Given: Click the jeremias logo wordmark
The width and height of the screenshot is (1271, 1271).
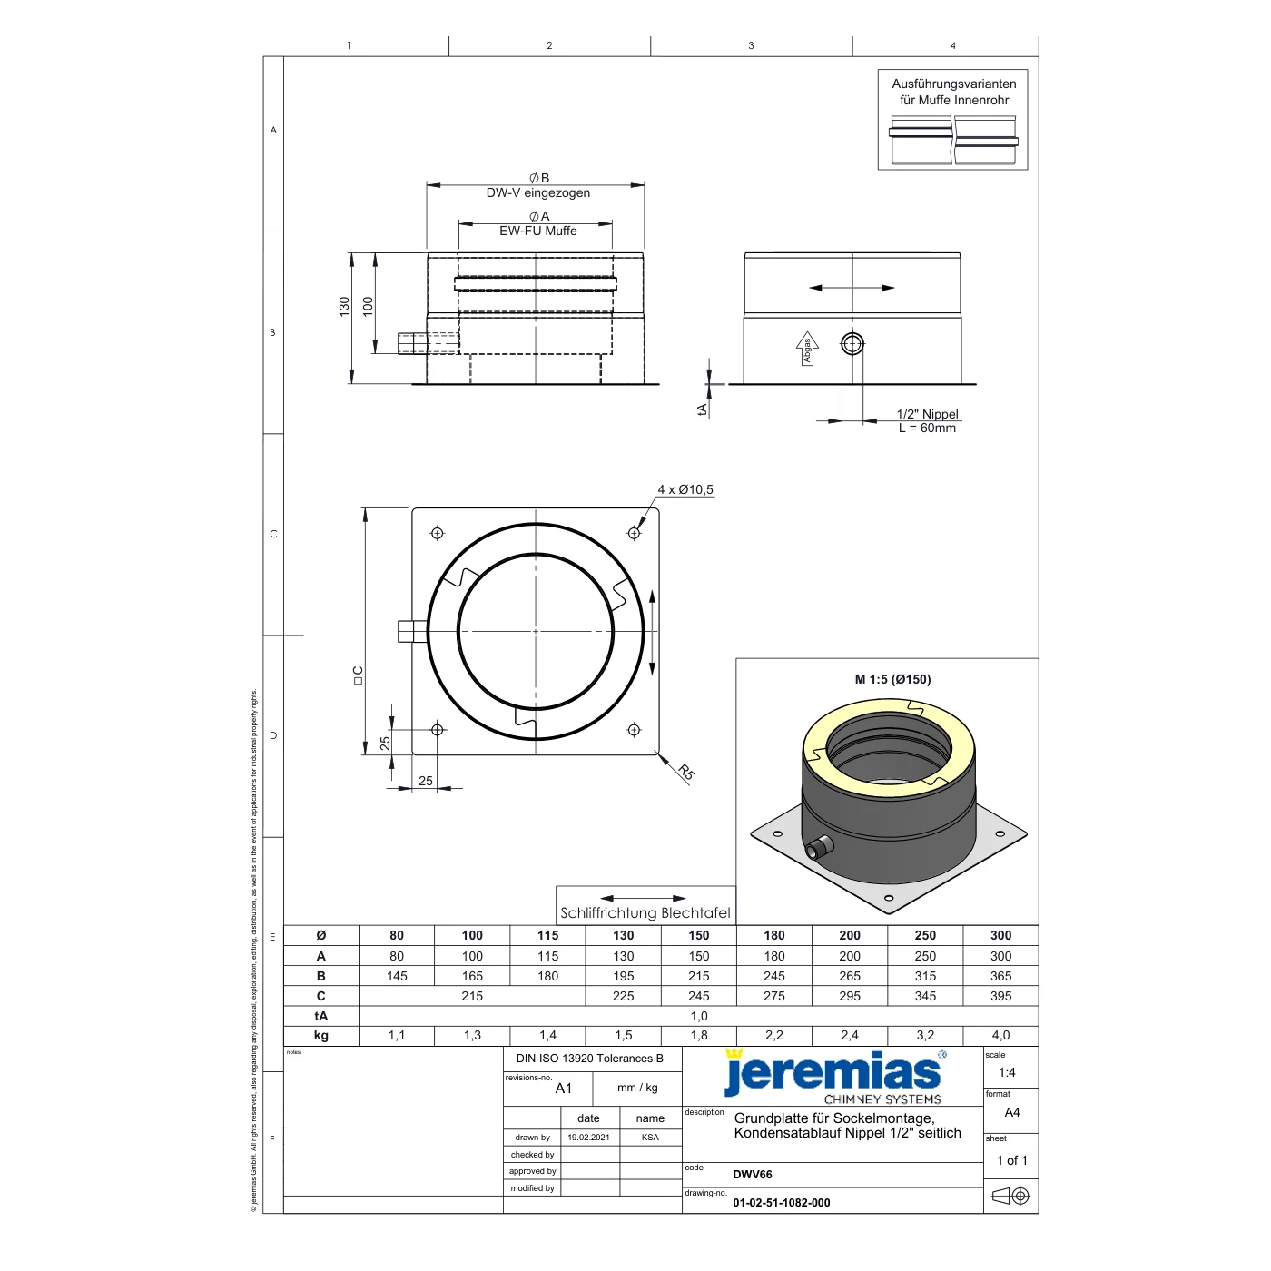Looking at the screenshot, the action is tap(833, 1074).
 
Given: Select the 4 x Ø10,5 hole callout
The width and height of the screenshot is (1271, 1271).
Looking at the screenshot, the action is tap(685, 489).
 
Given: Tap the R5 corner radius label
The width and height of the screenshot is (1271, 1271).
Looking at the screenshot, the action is tap(686, 772).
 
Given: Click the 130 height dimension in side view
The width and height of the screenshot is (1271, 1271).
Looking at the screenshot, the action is tap(344, 306).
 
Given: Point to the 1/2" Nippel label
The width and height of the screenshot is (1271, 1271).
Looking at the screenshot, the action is tap(927, 414).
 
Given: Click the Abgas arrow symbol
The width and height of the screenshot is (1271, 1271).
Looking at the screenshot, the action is tap(807, 349).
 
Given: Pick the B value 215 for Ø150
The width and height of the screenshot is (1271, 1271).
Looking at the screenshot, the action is tap(698, 976).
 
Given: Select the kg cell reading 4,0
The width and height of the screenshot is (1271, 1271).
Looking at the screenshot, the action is tap(1000, 1035).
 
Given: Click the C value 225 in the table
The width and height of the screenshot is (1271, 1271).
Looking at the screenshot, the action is tap(623, 995).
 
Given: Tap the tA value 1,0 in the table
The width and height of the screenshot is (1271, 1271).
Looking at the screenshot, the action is tap(698, 1016).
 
